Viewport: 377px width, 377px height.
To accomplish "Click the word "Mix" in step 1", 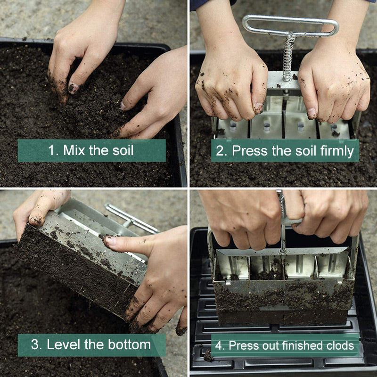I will pyautogui.click(x=74, y=151).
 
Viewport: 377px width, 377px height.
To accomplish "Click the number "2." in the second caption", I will pyautogui.click(x=221, y=151).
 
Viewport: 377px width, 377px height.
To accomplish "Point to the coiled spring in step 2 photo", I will pyautogui.click(x=287, y=59).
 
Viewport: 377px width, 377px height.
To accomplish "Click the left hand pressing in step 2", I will pyautogui.click(x=231, y=82).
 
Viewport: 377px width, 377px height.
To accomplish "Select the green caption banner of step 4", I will pyautogui.click(x=283, y=345).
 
